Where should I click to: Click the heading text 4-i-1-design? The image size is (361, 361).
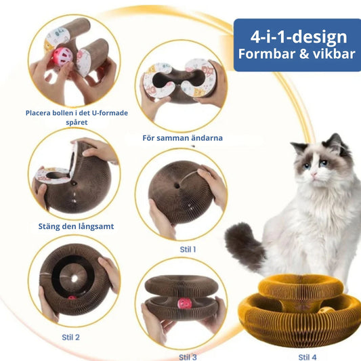click(299, 37)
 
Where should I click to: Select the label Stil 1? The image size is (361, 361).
click(188, 249)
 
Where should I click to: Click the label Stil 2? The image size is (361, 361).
click(70, 337)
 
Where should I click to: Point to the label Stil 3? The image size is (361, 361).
click(188, 357)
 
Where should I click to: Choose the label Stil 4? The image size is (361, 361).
click(307, 357)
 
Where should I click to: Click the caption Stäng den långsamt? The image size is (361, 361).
click(76, 226)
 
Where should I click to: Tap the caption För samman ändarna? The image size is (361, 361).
click(183, 138)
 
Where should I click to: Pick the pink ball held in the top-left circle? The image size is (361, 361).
click(62, 56)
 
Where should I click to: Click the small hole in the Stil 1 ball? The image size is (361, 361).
click(177, 185)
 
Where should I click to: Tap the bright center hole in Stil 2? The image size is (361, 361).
click(74, 278)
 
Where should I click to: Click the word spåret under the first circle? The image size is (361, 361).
click(77, 122)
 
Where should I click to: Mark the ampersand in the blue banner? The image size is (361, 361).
click(303, 54)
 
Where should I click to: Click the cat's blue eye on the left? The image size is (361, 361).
click(306, 166)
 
